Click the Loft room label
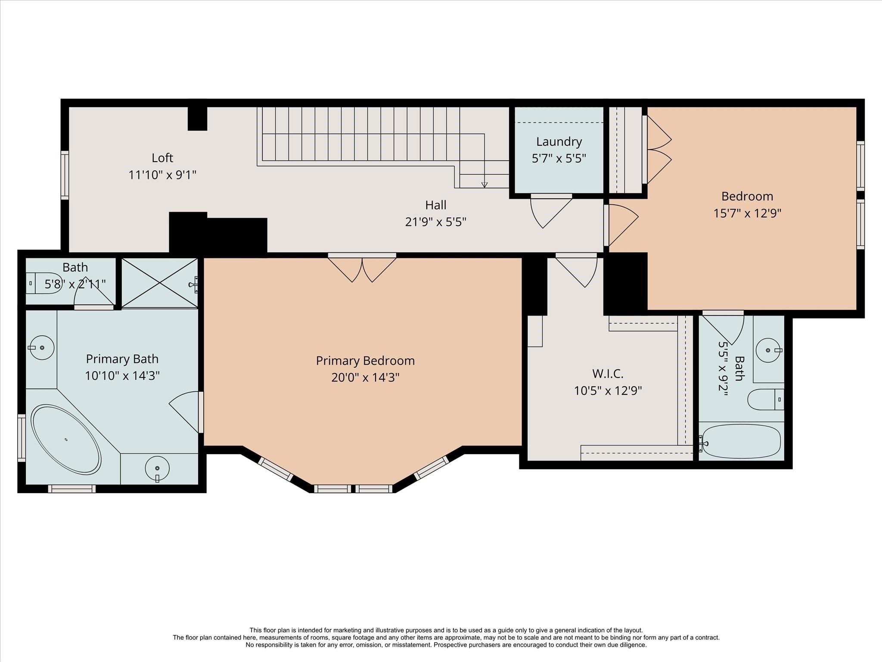(x=162, y=158)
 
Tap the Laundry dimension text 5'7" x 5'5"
(x=559, y=159)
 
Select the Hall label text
(x=435, y=205)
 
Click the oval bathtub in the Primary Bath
(x=66, y=439)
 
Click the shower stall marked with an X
(x=159, y=283)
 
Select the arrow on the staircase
(x=484, y=184)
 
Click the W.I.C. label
(x=607, y=373)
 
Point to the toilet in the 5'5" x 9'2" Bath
(x=765, y=400)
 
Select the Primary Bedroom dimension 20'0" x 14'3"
(x=365, y=378)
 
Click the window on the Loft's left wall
(x=65, y=175)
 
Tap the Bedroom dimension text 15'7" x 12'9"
(x=747, y=213)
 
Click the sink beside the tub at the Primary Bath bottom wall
(x=157, y=468)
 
